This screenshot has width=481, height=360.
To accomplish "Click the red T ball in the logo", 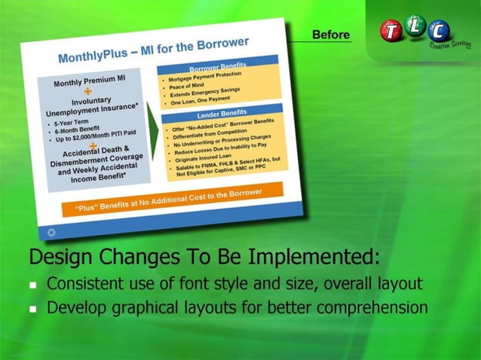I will [393, 31].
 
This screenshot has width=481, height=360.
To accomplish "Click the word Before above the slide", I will [331, 34].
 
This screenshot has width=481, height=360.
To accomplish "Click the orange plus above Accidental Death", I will [93, 145].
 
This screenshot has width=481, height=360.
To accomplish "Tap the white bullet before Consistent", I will [34, 286].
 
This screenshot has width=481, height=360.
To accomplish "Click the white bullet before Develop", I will [34, 310].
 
